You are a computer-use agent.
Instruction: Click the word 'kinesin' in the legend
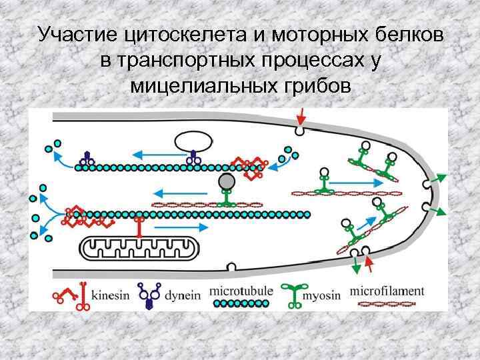pos(111,295)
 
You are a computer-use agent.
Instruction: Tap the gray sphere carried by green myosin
pos(227,182)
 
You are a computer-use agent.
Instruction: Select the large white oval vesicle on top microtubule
pos(193,141)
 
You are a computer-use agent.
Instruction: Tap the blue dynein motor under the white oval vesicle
pos(193,159)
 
